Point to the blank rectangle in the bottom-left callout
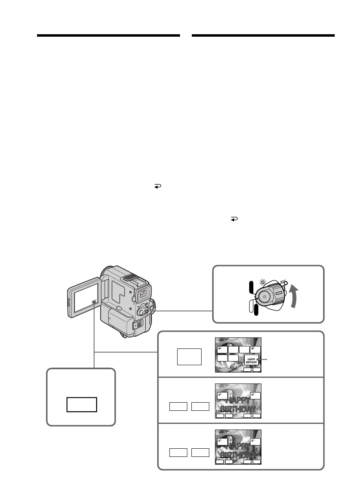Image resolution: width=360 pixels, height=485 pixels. click(x=82, y=405)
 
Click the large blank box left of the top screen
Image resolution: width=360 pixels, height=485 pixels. click(x=189, y=357)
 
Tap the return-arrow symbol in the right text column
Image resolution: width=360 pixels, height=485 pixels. click(x=235, y=219)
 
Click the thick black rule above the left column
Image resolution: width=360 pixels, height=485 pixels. click(x=108, y=35)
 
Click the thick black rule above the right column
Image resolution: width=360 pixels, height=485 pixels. click(x=263, y=35)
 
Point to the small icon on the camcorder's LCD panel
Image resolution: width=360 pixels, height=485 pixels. click(x=94, y=302)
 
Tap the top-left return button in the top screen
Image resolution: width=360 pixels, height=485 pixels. click(x=222, y=349)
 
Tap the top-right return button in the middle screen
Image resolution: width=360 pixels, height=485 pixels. click(x=255, y=395)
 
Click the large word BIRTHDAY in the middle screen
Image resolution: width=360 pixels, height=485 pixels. click(x=238, y=409)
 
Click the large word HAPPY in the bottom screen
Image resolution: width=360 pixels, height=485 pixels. click(x=238, y=445)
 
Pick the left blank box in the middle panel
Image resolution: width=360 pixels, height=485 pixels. click(x=178, y=406)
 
